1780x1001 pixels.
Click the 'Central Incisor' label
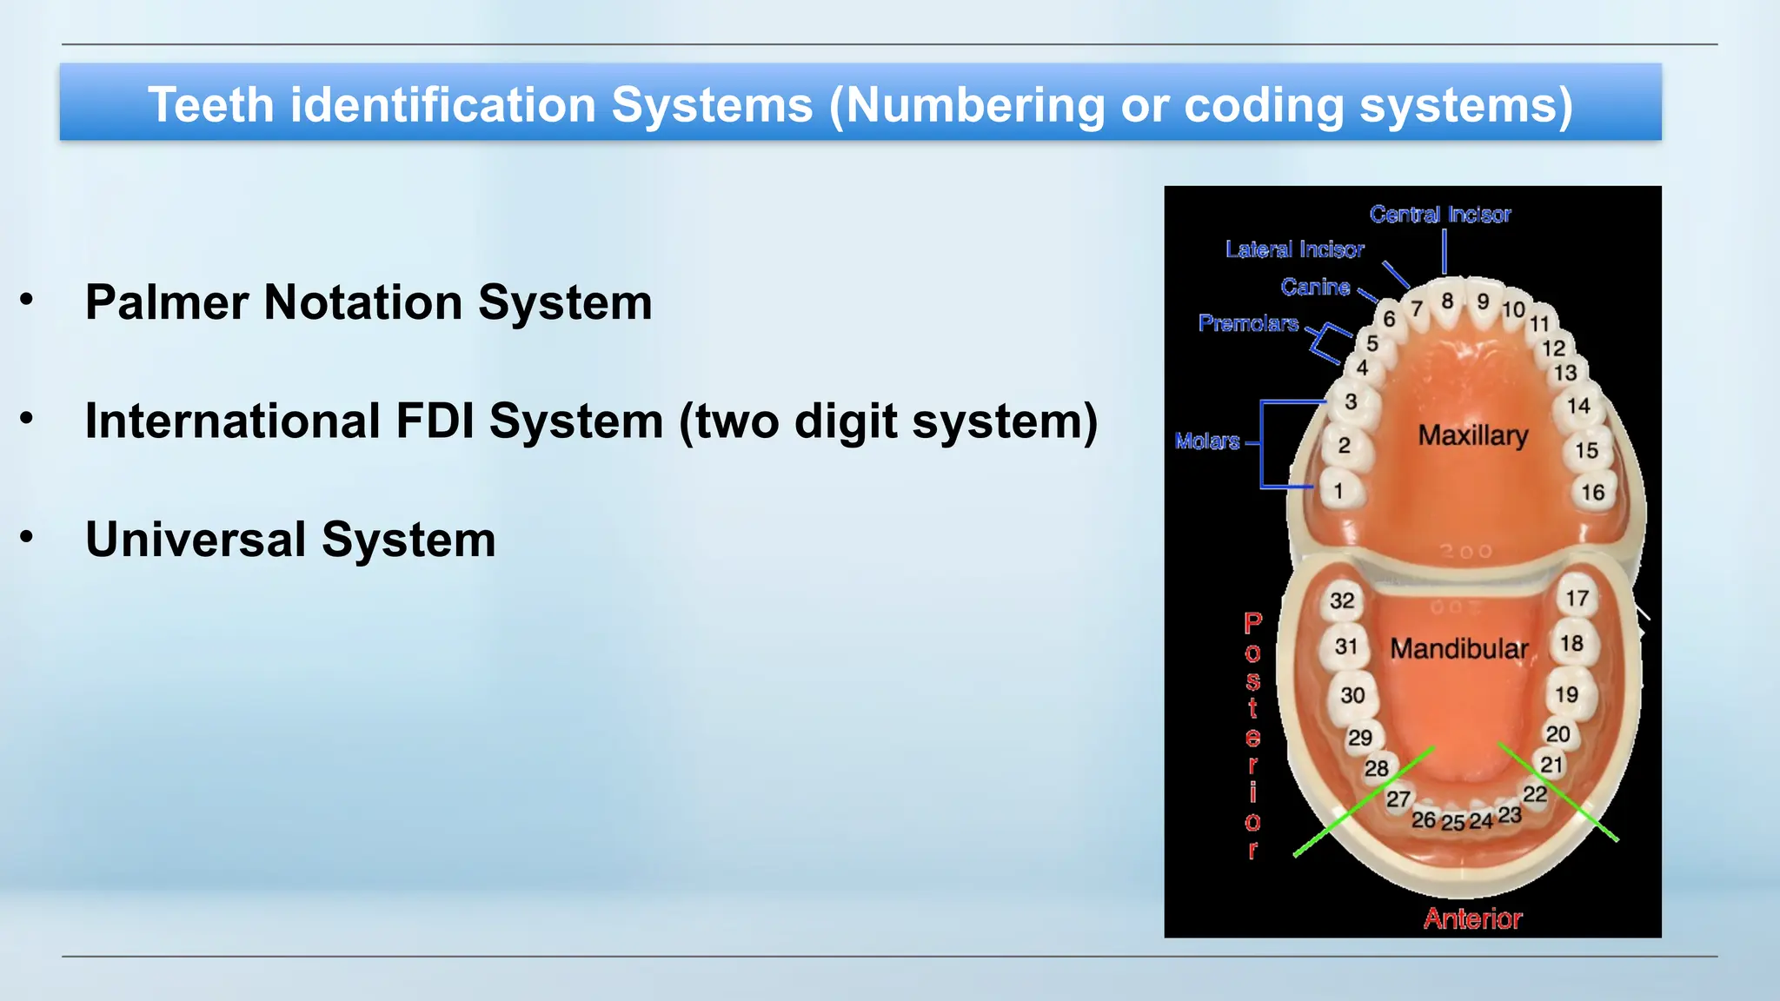(1440, 215)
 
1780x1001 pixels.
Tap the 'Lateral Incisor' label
(1294, 250)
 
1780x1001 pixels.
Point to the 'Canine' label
(1315, 288)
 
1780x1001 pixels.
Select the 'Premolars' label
(1248, 324)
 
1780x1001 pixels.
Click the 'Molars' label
(1206, 441)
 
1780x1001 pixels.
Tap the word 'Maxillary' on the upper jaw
(1472, 435)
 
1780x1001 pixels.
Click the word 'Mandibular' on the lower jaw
(1458, 648)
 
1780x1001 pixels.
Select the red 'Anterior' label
(1472, 918)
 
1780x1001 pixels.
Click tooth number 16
(1592, 493)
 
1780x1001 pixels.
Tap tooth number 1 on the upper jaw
(1338, 492)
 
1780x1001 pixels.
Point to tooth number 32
(1342, 600)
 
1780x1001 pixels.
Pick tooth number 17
(1577, 599)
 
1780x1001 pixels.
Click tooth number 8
(1447, 302)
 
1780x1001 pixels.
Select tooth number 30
(1352, 695)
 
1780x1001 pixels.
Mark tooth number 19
(1566, 695)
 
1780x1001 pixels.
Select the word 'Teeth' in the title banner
(211, 105)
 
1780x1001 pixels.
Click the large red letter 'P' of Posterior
(1252, 623)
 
